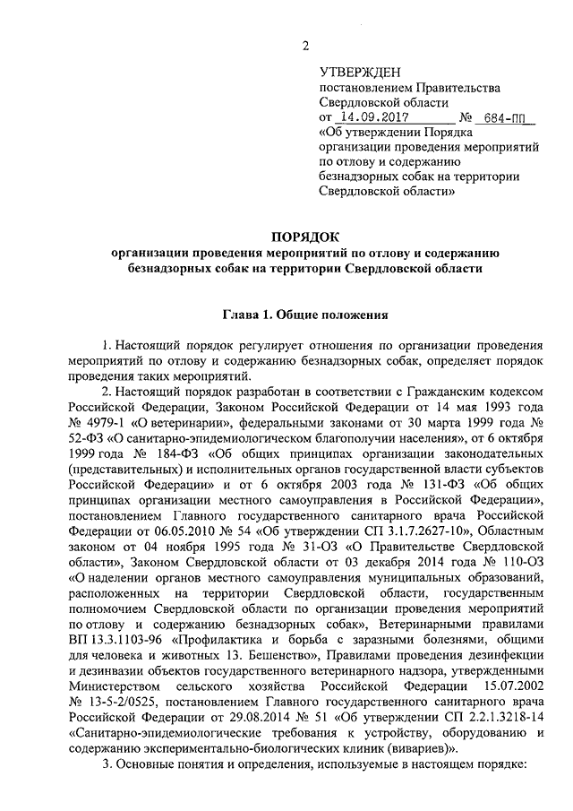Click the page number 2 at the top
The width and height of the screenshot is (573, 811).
[306, 47]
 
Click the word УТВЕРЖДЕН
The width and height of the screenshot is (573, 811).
[361, 72]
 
